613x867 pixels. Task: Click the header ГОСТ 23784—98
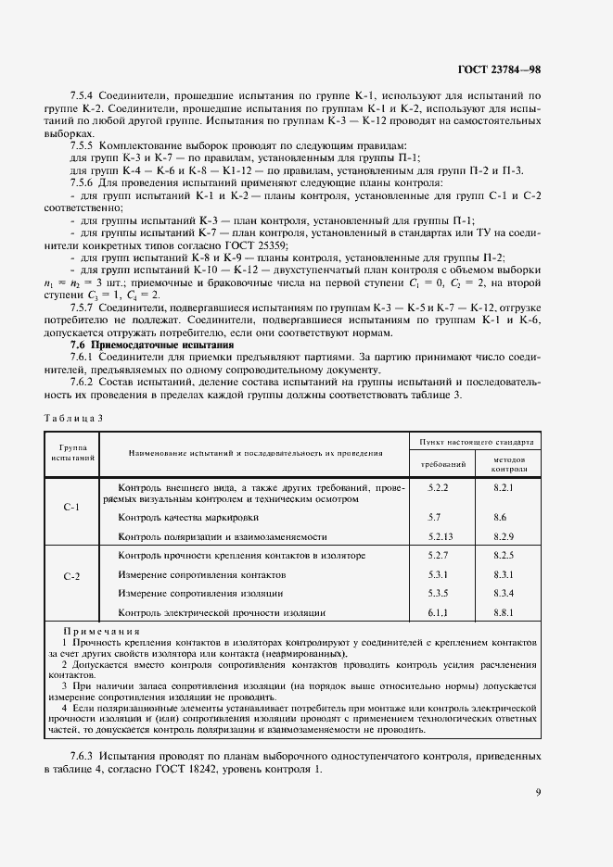501,69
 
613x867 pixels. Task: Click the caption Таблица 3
73,418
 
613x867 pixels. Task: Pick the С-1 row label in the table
71,509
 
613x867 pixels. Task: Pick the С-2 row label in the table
71,576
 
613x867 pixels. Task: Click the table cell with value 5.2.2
439,486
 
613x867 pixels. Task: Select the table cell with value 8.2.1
504,486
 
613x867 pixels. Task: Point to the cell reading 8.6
501,518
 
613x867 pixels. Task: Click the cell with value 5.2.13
441,536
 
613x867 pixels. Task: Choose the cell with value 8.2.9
504,536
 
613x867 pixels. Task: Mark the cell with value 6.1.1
439,612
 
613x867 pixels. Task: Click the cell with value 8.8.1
504,612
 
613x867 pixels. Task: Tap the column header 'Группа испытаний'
71,452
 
